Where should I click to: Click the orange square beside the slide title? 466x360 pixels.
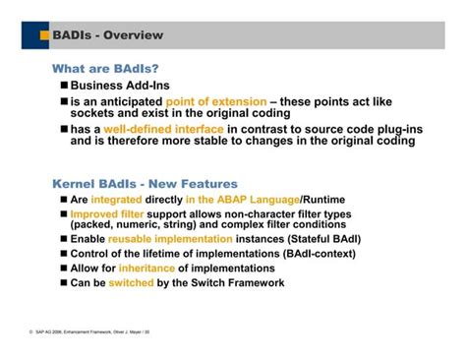coord(42,37)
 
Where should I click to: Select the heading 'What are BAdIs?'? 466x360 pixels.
coord(105,69)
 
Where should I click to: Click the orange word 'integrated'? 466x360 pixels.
coord(123,200)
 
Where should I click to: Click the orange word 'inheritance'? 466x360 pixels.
coord(146,268)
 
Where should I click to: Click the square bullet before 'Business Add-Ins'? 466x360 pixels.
coord(62,87)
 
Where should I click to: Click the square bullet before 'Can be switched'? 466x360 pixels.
coord(62,283)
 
